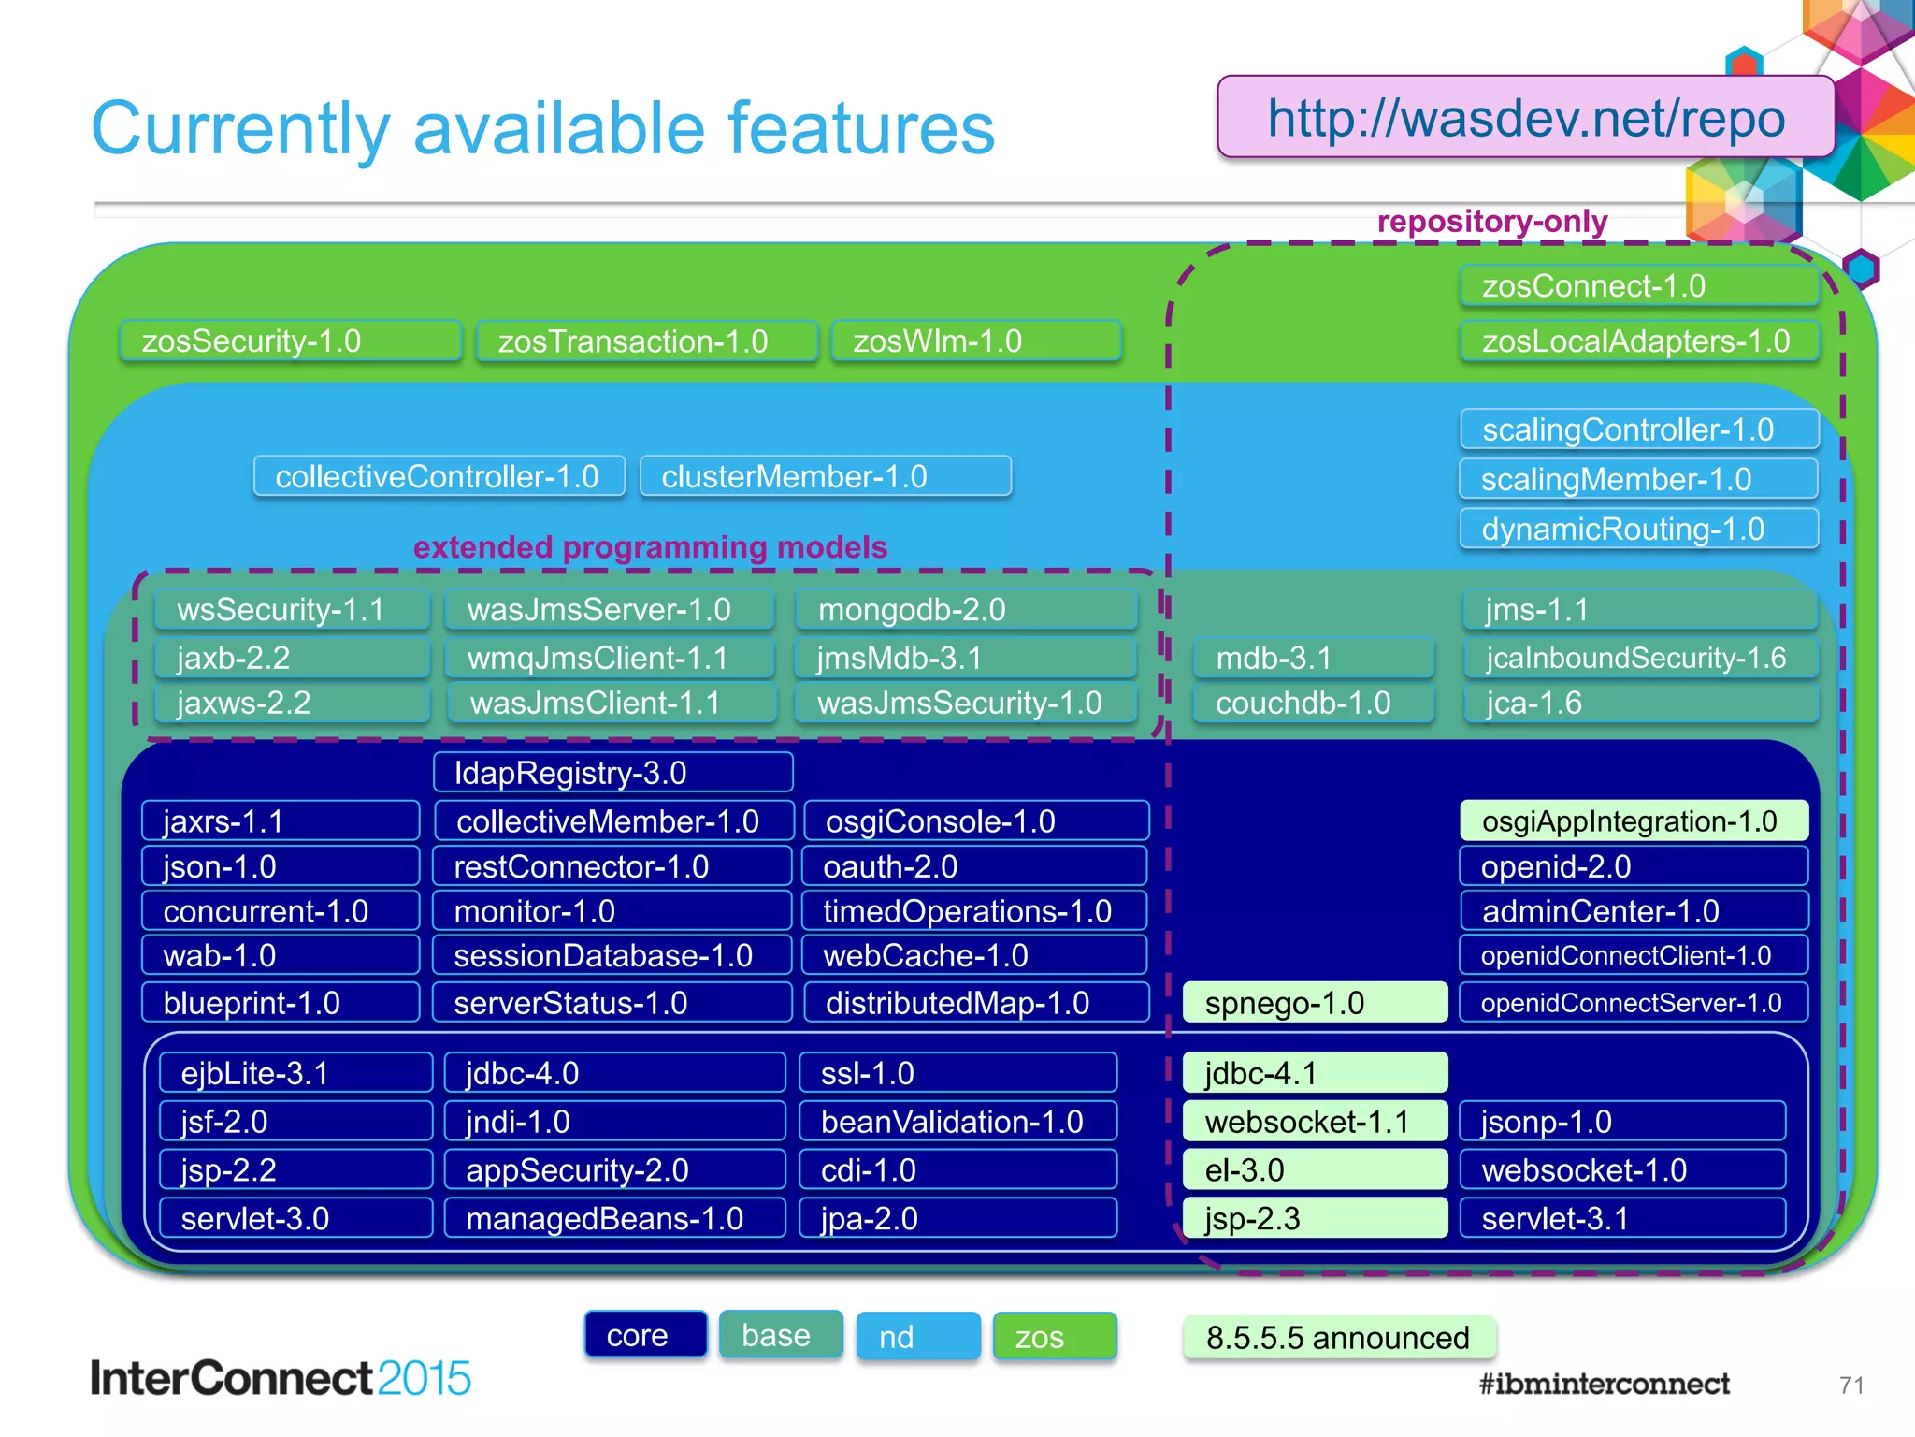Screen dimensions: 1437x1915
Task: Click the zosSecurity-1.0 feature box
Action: click(x=290, y=341)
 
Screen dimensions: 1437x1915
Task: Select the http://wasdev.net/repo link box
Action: click(x=1525, y=119)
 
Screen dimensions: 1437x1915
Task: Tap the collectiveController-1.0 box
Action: click(x=439, y=477)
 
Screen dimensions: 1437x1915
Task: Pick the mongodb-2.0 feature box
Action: click(x=966, y=610)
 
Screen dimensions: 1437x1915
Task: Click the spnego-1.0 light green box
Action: click(x=1314, y=1003)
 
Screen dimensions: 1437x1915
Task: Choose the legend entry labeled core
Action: click(x=645, y=1335)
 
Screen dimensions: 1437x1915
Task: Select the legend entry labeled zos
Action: click(x=1054, y=1337)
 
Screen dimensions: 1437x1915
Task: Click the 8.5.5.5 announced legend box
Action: click(x=1338, y=1338)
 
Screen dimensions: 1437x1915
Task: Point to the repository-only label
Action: click(x=1491, y=222)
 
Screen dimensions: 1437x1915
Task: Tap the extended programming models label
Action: click(x=650, y=547)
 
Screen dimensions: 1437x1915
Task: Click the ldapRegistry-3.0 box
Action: click(x=612, y=774)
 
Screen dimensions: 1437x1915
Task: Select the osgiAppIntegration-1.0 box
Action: click(x=1633, y=821)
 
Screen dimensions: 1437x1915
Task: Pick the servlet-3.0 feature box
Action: click(x=295, y=1219)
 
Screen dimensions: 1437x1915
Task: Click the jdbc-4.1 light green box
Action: click(x=1314, y=1073)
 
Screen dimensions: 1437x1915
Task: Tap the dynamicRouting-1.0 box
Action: click(x=1637, y=530)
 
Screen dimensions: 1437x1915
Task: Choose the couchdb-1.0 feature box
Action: click(x=1312, y=704)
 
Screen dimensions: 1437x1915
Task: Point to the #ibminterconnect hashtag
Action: click(x=1604, y=1384)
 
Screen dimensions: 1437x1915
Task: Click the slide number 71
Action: click(x=1850, y=1386)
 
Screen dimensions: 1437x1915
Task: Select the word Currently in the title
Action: click(x=240, y=128)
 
